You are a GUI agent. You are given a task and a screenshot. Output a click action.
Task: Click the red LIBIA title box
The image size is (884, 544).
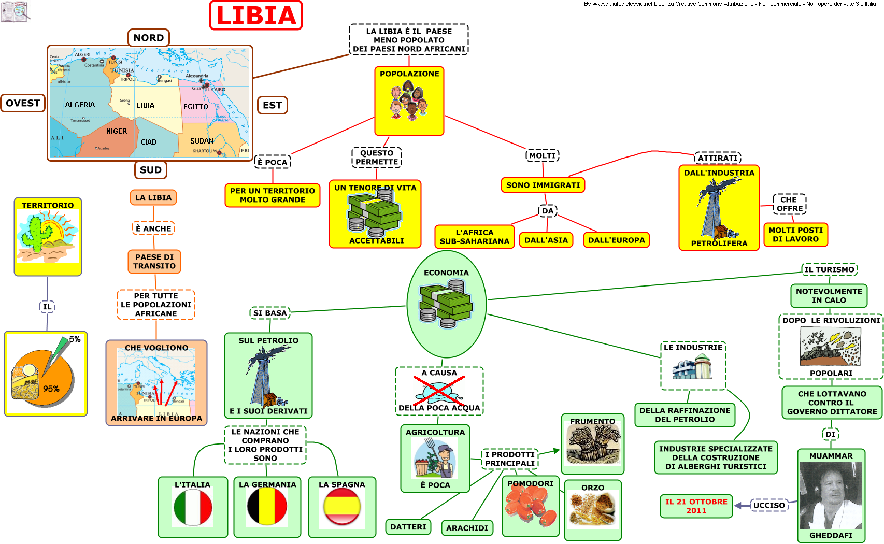coord(256,16)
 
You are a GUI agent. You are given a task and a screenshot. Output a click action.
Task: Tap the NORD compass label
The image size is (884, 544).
coord(149,38)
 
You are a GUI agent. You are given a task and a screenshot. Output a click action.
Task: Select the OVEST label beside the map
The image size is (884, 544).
coord(23,103)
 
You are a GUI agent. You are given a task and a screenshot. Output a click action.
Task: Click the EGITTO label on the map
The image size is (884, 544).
coord(195,107)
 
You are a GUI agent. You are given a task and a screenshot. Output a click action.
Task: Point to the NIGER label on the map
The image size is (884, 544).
coord(117,131)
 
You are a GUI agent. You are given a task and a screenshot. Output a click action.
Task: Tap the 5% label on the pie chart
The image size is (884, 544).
coord(75,339)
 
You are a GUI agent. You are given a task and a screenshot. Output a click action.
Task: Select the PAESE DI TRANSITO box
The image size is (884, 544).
coord(154,262)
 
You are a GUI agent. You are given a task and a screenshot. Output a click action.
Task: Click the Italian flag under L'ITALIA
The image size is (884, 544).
coord(193,508)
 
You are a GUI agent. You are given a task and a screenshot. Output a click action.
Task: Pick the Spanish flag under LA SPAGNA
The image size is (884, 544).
coord(342,507)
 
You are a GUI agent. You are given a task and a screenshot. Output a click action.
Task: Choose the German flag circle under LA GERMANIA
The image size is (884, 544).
coord(267,507)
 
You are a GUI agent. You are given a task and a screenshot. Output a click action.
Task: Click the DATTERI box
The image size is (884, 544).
coord(408,527)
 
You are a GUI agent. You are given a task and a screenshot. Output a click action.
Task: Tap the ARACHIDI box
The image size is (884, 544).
coord(467,528)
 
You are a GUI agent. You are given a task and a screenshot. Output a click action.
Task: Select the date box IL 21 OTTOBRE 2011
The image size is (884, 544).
coord(696,506)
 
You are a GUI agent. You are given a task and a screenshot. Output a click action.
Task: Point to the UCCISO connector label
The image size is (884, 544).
coord(769,505)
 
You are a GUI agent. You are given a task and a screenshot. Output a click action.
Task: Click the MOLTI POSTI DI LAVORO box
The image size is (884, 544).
coord(795,235)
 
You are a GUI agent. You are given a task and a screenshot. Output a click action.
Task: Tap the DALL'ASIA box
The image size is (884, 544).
coord(546,240)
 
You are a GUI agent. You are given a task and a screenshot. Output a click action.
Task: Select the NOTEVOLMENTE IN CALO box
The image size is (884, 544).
coord(829,296)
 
